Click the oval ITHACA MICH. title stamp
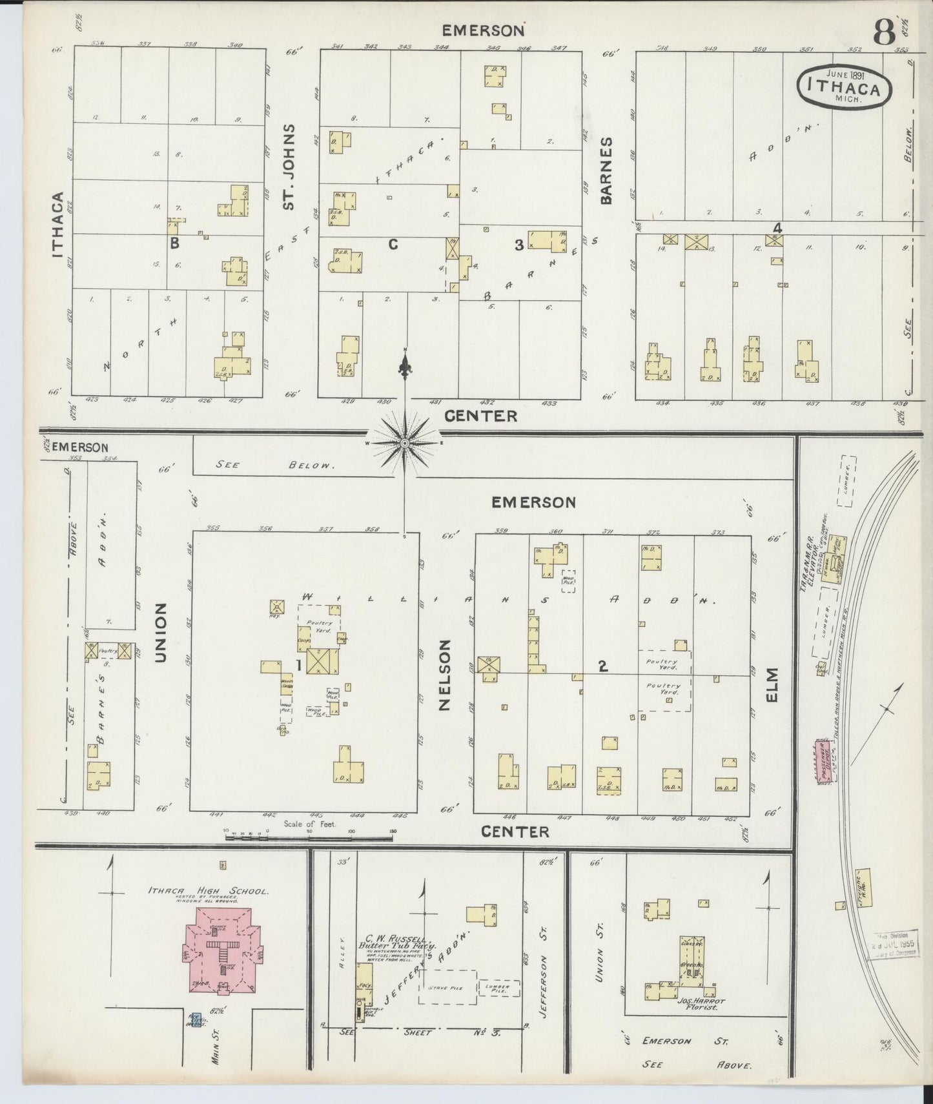845,87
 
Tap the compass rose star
405,443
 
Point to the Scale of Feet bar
309,837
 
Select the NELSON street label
444,675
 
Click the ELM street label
774,684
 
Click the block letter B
174,244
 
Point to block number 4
777,228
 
